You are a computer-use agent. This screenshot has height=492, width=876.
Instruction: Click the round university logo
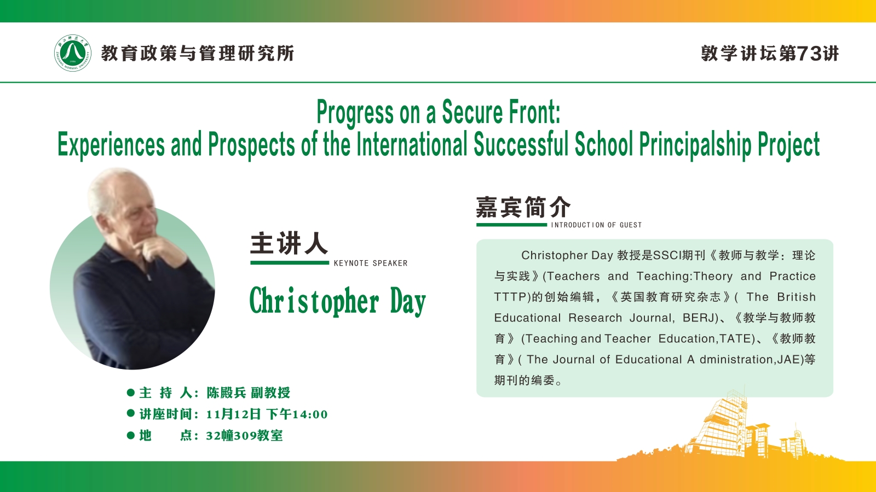click(x=72, y=53)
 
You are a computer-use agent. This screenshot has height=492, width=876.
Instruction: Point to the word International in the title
click(x=412, y=144)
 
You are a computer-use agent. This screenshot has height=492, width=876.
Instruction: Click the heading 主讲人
click(x=289, y=243)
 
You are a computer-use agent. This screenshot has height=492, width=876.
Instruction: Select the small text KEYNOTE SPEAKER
click(x=371, y=263)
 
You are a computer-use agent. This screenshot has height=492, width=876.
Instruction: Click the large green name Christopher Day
click(x=337, y=301)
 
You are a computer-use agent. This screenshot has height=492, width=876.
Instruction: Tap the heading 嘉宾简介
click(x=523, y=207)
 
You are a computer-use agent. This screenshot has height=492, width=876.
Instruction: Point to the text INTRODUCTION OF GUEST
click(x=596, y=225)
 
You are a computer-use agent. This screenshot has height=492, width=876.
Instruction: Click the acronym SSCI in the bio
click(x=667, y=255)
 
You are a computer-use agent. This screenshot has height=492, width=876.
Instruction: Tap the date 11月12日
click(x=233, y=414)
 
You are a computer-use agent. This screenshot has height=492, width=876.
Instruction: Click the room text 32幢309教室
click(x=244, y=435)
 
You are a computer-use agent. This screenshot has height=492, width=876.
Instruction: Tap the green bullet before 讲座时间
click(x=131, y=413)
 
